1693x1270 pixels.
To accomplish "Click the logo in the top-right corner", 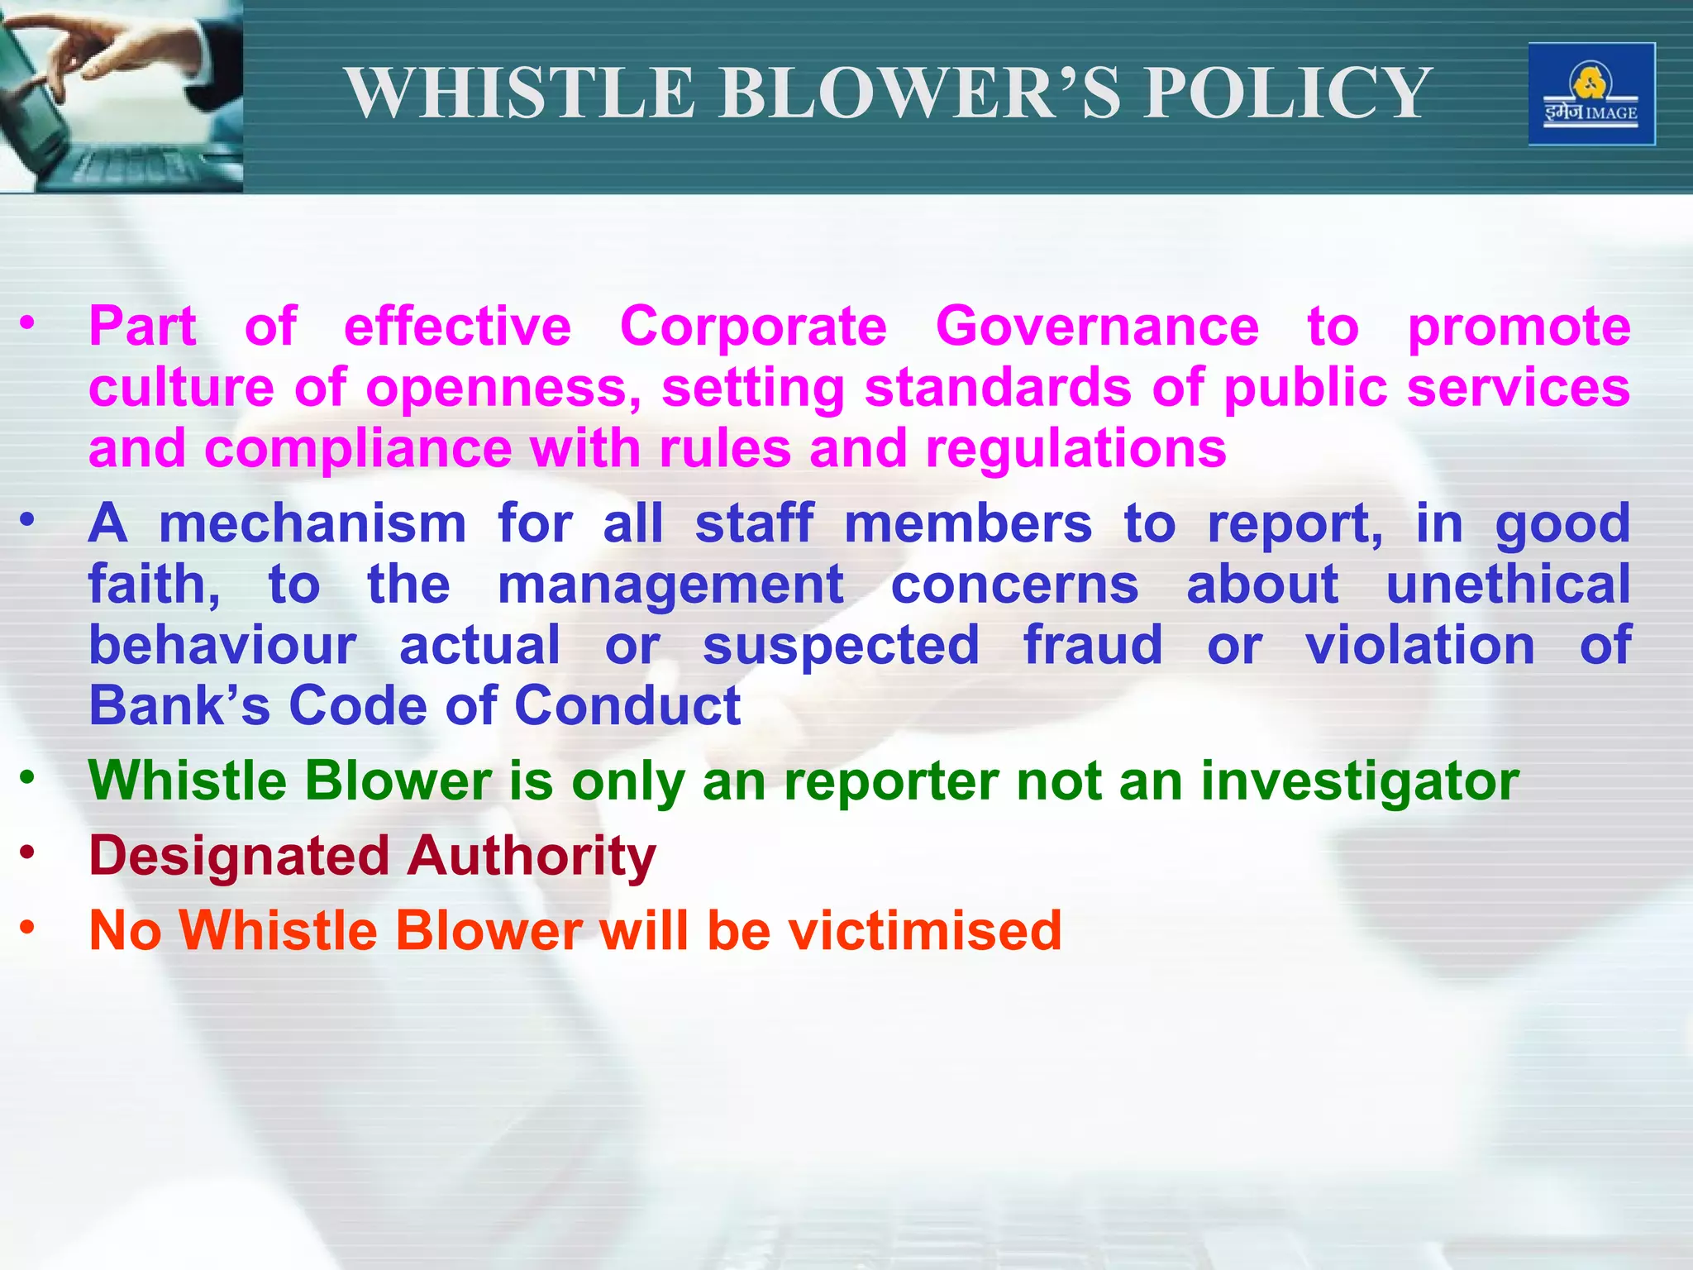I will (x=1591, y=94).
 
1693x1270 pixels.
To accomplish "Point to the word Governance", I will (x=1097, y=327).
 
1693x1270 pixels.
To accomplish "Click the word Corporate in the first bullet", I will (x=753, y=327).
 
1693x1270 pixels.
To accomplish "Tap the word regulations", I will (x=1075, y=449).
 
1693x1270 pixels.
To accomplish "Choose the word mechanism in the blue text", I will (x=312, y=524).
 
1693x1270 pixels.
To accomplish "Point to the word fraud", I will (x=1093, y=645).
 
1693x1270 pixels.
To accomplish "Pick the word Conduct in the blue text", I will (x=627, y=706).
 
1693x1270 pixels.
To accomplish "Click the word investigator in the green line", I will (x=1360, y=781).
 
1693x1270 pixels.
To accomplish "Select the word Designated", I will (x=238, y=855).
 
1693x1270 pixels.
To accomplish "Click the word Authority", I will (x=532, y=857).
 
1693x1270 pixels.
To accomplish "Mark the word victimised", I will (x=924, y=930).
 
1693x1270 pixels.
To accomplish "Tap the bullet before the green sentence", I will (x=28, y=776).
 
